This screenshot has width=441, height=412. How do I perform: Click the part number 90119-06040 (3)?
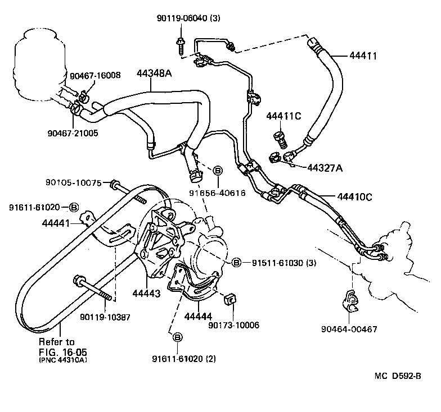tap(188, 19)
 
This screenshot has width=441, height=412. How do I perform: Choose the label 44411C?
tap(283, 116)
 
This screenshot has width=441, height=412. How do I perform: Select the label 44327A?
tap(325, 167)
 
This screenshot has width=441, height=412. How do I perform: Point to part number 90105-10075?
tap(74, 182)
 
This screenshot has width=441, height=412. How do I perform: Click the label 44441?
tap(56, 223)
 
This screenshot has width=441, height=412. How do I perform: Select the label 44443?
tap(146, 293)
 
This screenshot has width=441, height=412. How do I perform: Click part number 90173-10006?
tap(233, 325)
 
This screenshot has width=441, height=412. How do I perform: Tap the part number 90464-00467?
tap(353, 329)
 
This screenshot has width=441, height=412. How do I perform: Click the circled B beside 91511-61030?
tap(236, 263)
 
